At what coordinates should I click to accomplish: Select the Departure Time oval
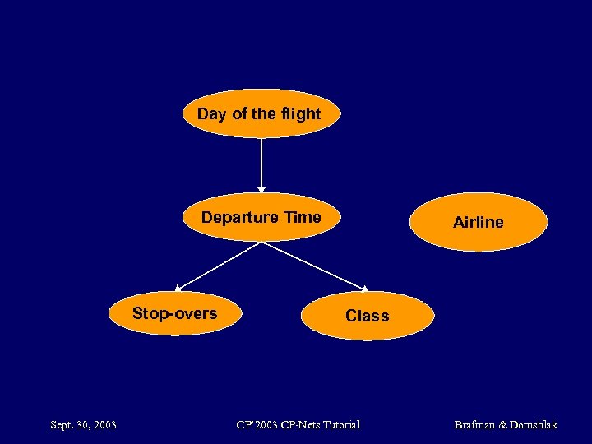(261, 218)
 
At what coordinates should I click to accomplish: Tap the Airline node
(478, 222)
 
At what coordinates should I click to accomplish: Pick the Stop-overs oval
(175, 313)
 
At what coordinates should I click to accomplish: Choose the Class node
(367, 316)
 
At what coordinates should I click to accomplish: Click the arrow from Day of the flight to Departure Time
(261, 164)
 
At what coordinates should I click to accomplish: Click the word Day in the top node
(212, 113)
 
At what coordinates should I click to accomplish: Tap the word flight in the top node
(299, 113)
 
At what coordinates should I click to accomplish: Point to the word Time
(302, 218)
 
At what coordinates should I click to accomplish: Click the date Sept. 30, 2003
(83, 425)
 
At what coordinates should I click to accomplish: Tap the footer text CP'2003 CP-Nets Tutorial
(298, 425)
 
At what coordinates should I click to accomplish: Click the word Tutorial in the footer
(341, 425)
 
